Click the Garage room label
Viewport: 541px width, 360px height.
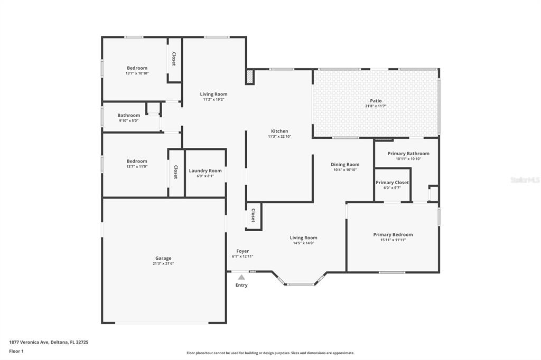pyautogui.click(x=163, y=258)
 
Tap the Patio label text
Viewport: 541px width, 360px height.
pyautogui.click(x=376, y=101)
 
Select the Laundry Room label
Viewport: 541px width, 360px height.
pyautogui.click(x=206, y=170)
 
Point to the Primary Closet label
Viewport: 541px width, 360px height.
pyautogui.click(x=393, y=183)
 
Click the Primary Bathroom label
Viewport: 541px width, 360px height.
pyautogui.click(x=408, y=154)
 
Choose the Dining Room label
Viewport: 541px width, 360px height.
pyautogui.click(x=345, y=165)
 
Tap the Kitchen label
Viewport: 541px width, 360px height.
pyautogui.click(x=279, y=131)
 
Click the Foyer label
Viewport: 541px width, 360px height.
pyautogui.click(x=242, y=251)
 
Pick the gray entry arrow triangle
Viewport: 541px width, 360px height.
pyautogui.click(x=241, y=277)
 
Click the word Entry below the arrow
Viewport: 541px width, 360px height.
pyautogui.click(x=241, y=285)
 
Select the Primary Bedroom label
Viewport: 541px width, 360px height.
pyautogui.click(x=393, y=234)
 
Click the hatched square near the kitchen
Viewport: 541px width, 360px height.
pyautogui.click(x=250, y=77)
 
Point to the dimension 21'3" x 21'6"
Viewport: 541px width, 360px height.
pyautogui.click(x=163, y=263)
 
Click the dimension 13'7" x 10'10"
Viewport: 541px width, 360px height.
pyautogui.click(x=137, y=73)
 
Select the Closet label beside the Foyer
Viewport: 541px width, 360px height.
pyautogui.click(x=253, y=215)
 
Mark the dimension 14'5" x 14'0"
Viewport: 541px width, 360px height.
pyautogui.click(x=304, y=243)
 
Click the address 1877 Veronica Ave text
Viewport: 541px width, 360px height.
pyautogui.click(x=29, y=343)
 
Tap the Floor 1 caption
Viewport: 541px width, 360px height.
pyautogui.click(x=16, y=352)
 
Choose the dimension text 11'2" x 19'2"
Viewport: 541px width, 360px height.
pyautogui.click(x=213, y=100)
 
